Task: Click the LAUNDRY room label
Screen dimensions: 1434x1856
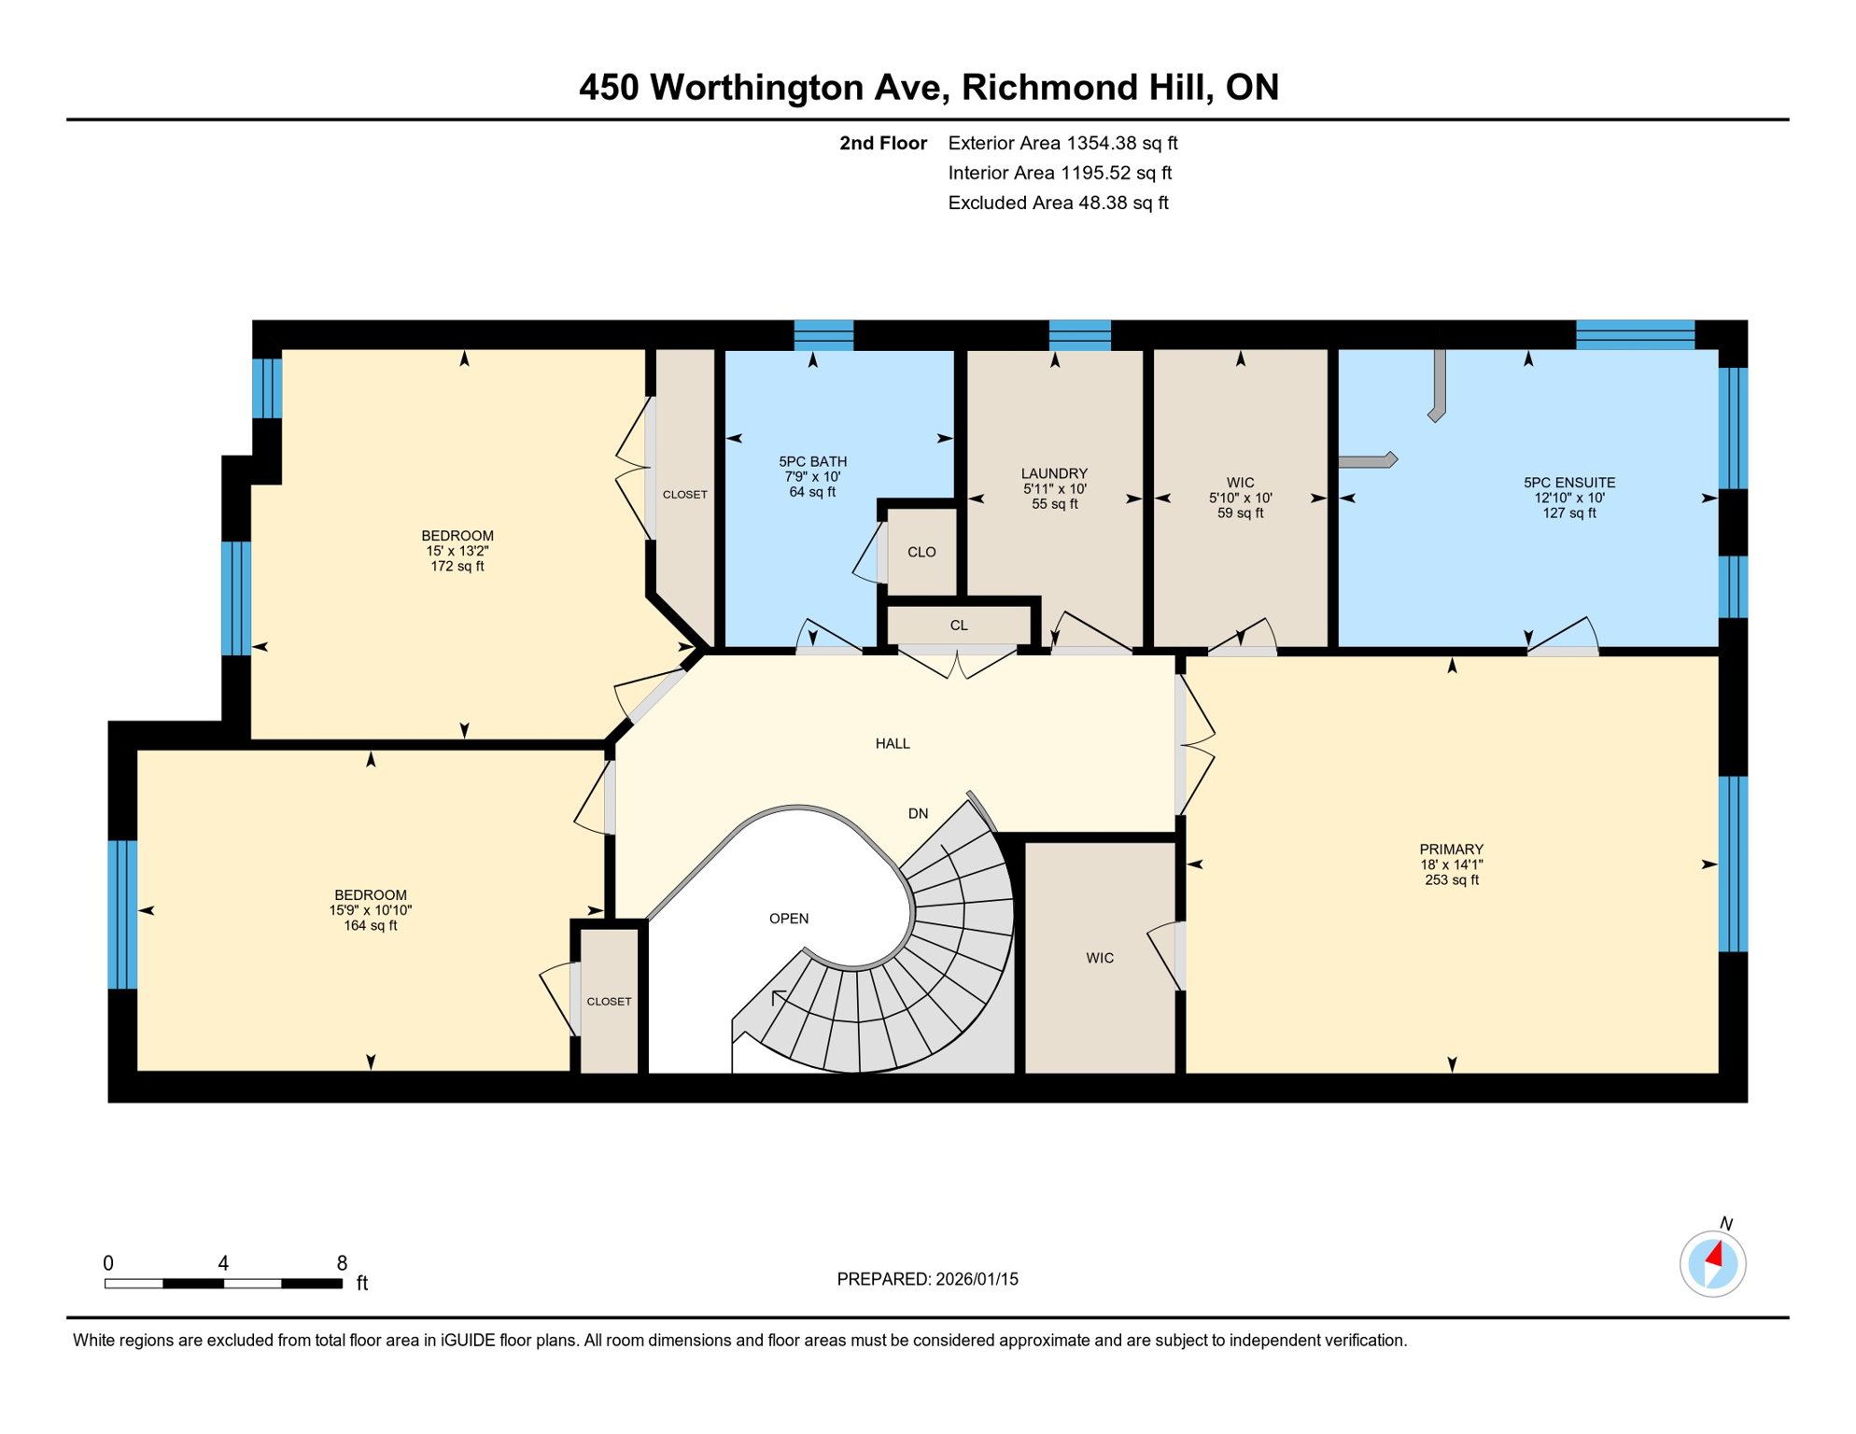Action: (1054, 473)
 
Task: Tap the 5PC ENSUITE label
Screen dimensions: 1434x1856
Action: (1568, 483)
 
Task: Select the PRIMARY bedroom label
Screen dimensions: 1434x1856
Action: (1451, 849)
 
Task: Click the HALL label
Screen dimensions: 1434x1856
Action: (893, 743)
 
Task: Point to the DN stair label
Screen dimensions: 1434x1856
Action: (918, 813)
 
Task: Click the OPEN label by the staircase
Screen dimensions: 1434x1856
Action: (789, 919)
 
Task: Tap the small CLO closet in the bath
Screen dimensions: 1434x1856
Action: (921, 552)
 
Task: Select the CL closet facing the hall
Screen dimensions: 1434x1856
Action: (959, 626)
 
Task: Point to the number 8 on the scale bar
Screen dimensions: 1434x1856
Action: (342, 1263)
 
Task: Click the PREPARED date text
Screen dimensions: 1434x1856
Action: (927, 1279)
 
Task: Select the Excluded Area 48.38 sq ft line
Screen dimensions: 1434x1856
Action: (1058, 203)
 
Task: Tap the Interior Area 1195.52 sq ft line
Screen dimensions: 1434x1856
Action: (1060, 173)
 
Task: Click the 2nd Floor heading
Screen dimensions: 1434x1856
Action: (882, 143)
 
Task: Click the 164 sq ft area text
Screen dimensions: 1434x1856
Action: (370, 925)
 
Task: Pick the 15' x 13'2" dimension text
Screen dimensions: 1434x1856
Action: (457, 551)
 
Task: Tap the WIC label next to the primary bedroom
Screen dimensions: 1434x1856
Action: (1100, 958)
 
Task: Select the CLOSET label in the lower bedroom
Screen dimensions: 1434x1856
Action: (609, 1001)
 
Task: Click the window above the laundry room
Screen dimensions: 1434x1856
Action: (1079, 334)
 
